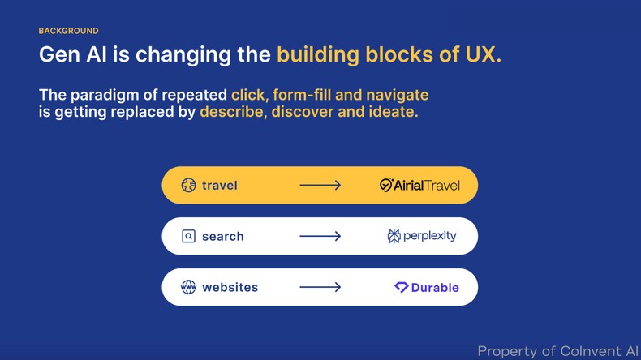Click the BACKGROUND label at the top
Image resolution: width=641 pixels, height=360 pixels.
pos(68,31)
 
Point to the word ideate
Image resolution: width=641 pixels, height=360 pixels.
pos(394,112)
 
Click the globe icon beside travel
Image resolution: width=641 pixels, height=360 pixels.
pos(188,186)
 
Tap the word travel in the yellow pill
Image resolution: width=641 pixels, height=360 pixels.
pos(220,186)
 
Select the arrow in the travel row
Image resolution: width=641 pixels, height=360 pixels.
pos(320,186)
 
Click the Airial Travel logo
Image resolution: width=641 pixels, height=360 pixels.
pos(419,186)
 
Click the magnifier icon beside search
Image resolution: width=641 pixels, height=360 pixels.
pos(188,237)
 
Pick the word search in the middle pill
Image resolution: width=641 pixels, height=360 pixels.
pos(223,237)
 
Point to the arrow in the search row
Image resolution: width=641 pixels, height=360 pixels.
pos(320,237)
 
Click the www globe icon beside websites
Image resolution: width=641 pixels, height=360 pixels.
pos(188,287)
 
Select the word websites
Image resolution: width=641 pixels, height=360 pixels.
pos(230,287)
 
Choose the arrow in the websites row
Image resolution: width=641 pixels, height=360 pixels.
pos(320,287)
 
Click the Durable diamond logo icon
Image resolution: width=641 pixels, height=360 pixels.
pos(401,287)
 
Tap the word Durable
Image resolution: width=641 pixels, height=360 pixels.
pos(435,288)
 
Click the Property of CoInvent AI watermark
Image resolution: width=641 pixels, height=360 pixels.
pos(557,351)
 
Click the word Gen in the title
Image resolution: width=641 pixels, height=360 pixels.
pos(58,55)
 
